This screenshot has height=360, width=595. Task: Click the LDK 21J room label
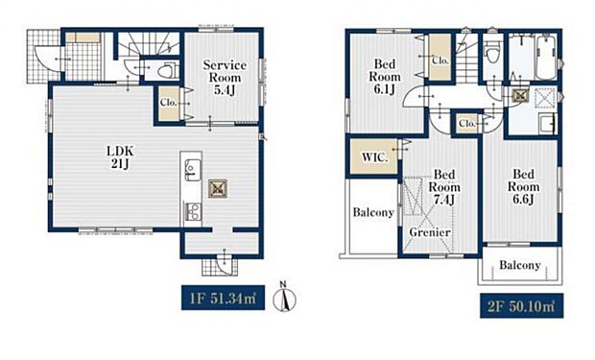(120, 157)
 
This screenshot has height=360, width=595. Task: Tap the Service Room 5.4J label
(225, 78)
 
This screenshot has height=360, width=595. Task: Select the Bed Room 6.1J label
(385, 77)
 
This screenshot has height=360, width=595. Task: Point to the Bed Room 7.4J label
(444, 187)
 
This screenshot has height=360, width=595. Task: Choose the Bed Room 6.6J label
(523, 186)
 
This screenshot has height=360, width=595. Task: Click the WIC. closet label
(374, 157)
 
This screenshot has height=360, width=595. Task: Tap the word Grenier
(430, 232)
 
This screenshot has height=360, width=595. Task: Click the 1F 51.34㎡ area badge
(223, 298)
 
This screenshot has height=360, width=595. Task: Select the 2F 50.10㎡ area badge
(521, 305)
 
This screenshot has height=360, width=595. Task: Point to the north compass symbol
(285, 298)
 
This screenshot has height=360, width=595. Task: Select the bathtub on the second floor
(546, 58)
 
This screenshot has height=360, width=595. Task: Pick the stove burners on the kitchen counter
(193, 211)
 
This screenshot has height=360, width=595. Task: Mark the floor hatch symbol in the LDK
(218, 188)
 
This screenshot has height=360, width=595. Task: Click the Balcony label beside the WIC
(373, 212)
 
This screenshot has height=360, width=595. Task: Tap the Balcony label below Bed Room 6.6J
(520, 265)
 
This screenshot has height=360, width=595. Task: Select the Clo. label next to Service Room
(169, 102)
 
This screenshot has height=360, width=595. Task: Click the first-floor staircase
(149, 44)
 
